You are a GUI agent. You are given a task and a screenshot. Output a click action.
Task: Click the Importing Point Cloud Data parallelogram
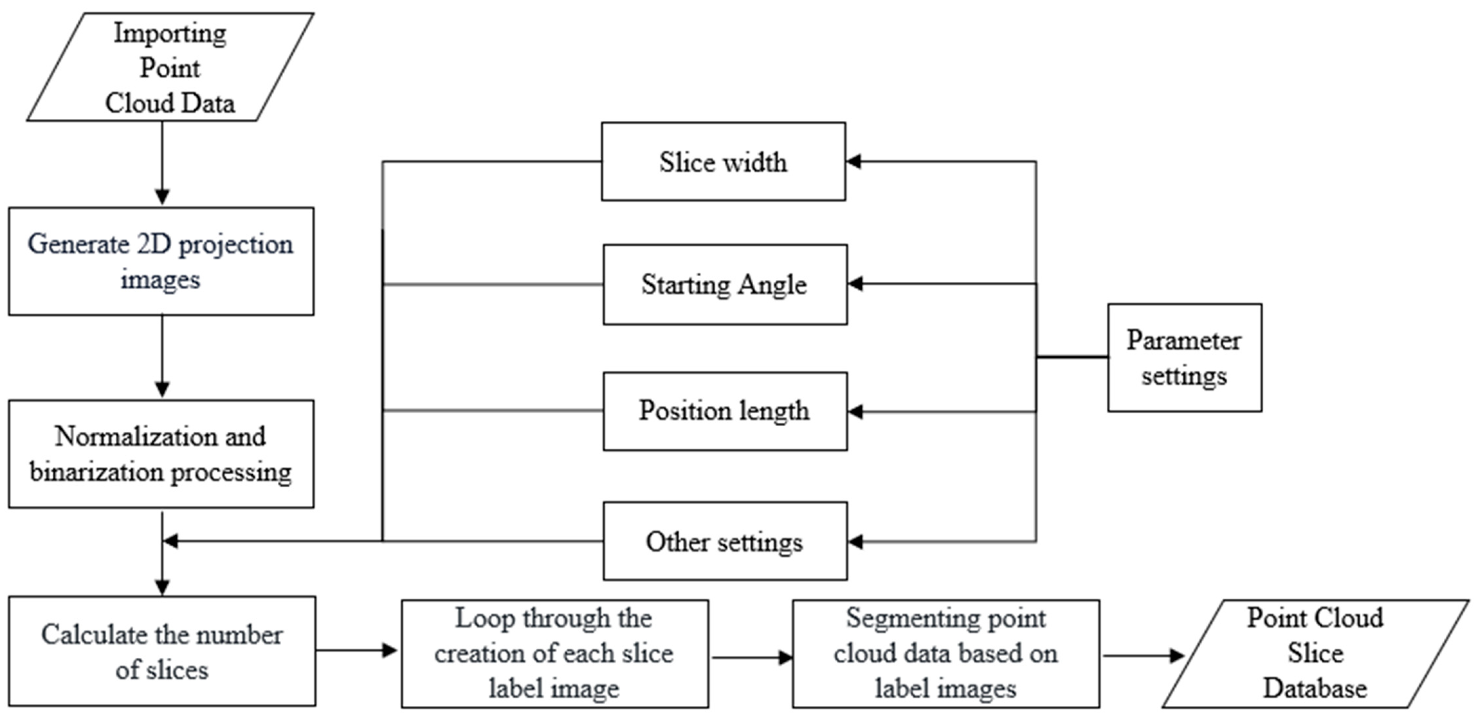click(x=170, y=67)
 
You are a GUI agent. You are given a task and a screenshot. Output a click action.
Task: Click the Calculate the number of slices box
click(x=162, y=652)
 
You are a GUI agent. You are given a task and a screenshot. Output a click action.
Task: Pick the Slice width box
click(x=723, y=162)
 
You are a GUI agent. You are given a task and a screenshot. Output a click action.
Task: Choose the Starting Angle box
click(x=725, y=284)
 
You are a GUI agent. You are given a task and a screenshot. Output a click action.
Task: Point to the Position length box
click(x=725, y=411)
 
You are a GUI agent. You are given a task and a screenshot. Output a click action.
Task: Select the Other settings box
click(x=725, y=542)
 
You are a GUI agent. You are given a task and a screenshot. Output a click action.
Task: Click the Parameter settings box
click(x=1184, y=358)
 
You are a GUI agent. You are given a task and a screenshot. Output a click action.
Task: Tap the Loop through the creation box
click(x=554, y=654)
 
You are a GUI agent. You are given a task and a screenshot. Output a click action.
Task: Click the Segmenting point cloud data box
click(x=945, y=654)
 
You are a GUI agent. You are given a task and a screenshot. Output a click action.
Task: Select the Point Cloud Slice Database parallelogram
click(x=1315, y=654)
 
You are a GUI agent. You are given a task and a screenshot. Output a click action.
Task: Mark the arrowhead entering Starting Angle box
click(x=855, y=283)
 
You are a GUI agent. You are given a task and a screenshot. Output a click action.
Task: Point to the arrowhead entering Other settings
click(x=855, y=542)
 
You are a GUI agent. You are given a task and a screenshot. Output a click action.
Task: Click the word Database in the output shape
click(x=1315, y=688)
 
